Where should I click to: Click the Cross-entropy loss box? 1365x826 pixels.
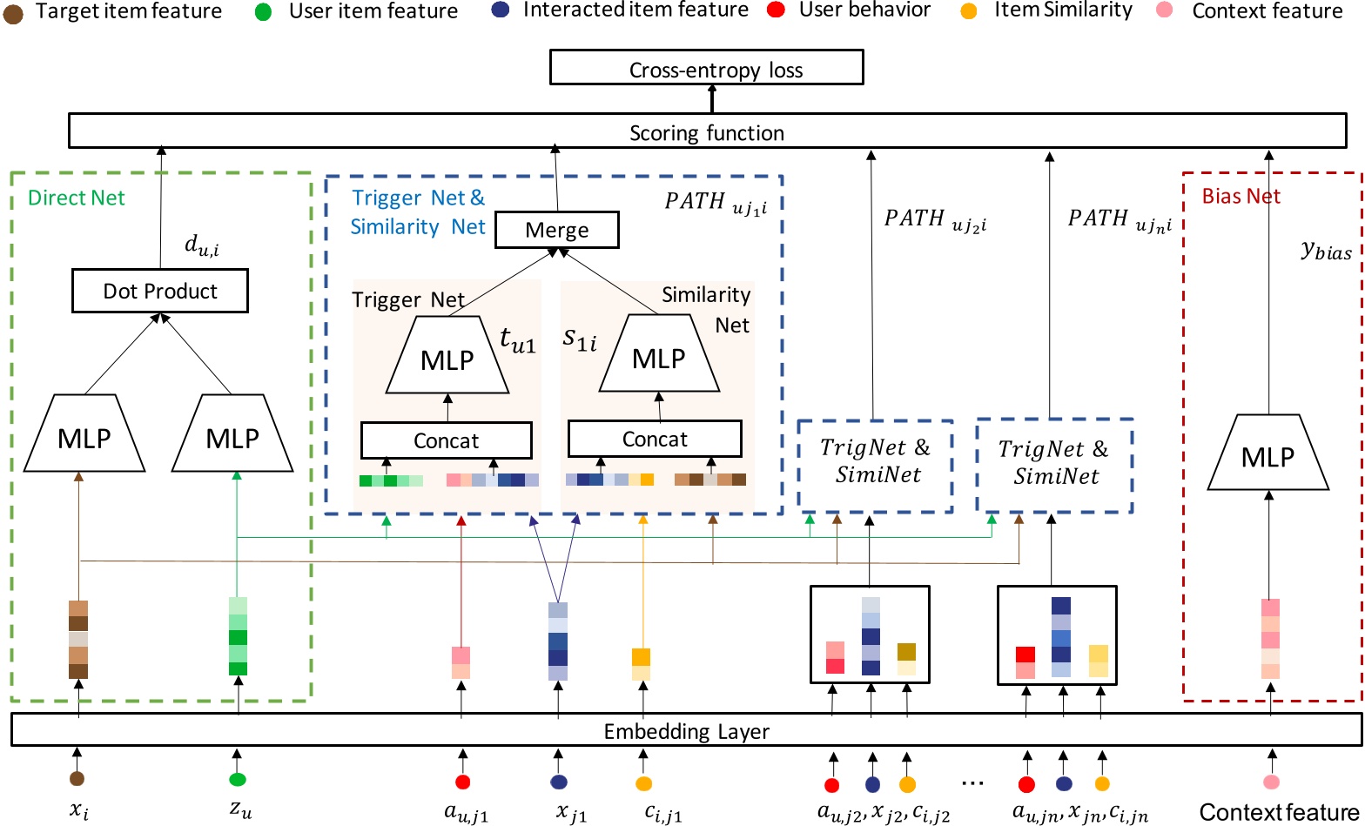[706, 69]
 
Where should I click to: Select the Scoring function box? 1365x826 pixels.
[706, 132]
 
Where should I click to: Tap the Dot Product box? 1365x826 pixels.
[160, 291]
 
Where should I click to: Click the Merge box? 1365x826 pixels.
[556, 231]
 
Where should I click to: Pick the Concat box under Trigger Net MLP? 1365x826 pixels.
[446, 440]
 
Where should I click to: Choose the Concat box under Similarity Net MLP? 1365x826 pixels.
[655, 440]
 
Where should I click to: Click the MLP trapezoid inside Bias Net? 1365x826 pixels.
[1267, 455]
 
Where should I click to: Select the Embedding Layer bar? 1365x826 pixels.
[686, 730]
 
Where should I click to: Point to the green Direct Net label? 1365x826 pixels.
[77, 198]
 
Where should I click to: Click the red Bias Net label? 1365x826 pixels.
[1241, 196]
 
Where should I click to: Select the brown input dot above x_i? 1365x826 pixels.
[77, 778]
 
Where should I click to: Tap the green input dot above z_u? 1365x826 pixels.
[238, 778]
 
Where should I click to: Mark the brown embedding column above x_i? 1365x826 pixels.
[78, 639]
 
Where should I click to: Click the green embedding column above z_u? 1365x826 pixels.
[238, 635]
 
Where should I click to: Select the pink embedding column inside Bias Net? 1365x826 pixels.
[1270, 639]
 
